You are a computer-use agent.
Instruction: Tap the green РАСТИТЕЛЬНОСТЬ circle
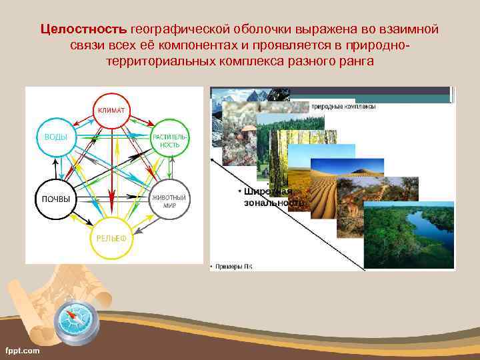(x=171, y=140)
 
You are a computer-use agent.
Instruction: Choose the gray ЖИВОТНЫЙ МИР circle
(x=170, y=201)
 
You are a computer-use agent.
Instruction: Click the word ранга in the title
(x=357, y=61)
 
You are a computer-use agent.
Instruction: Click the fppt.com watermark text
(x=23, y=350)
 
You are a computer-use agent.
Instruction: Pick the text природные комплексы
(x=343, y=107)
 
